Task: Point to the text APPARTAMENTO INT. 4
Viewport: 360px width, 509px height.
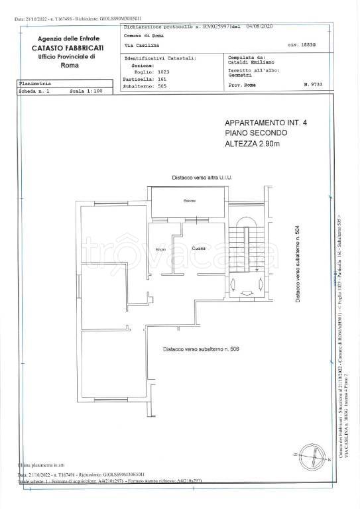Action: coord(261,123)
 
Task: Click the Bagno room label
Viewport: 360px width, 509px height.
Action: coord(160,249)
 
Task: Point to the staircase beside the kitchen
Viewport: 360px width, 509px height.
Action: coord(245,252)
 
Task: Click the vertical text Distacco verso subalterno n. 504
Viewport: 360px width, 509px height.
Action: coord(298,262)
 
